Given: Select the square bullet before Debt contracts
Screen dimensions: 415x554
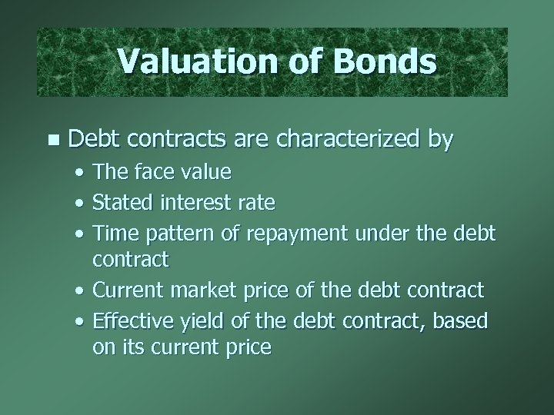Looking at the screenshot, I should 52,140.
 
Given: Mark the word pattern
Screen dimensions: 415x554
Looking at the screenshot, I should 177,232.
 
